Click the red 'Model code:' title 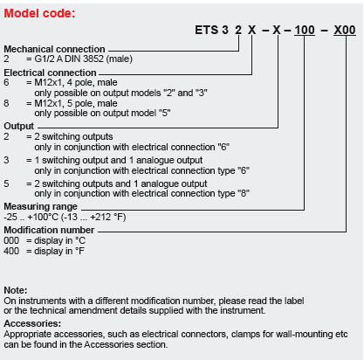39,13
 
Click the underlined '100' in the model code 305,30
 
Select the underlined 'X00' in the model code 345,30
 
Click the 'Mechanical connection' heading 54,49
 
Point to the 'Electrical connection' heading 50,73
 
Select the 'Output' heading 19,126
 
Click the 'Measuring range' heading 40,206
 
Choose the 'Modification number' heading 49,230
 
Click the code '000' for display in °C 11,240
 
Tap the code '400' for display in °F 11,251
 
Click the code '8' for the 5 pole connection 6,103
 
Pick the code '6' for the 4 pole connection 6,82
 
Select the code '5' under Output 6,183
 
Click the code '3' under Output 6,160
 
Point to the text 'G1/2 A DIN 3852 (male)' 84,59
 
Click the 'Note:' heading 16,290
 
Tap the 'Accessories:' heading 32,323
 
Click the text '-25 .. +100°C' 31,217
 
